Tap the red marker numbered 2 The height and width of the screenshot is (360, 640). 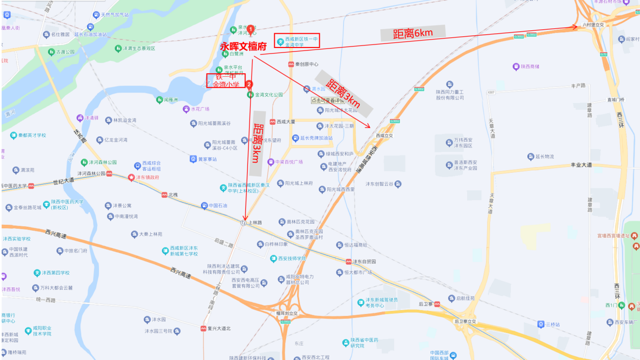click(249, 85)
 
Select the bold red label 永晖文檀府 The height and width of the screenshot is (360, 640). click(243, 46)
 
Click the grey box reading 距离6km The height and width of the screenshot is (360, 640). click(413, 33)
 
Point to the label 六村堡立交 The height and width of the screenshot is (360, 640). click(593, 24)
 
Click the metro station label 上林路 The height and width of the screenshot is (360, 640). click(254, 222)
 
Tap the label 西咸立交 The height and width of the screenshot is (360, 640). click(384, 135)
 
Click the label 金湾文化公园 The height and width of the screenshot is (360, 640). click(269, 94)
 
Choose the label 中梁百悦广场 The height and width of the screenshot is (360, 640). click(288, 162)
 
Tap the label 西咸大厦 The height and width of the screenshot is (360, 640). click(285, 122)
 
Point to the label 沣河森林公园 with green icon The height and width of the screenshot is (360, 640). click(103, 163)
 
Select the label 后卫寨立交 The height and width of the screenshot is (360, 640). click(465, 321)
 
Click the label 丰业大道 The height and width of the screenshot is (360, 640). click(581, 165)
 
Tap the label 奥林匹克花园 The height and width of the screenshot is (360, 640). click(301, 222)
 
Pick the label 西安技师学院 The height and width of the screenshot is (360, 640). click(292, 259)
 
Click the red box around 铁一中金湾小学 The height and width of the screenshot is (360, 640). click(225, 81)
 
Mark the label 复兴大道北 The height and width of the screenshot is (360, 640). click(219, 328)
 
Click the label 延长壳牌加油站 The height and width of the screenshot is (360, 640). click(316, 138)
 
